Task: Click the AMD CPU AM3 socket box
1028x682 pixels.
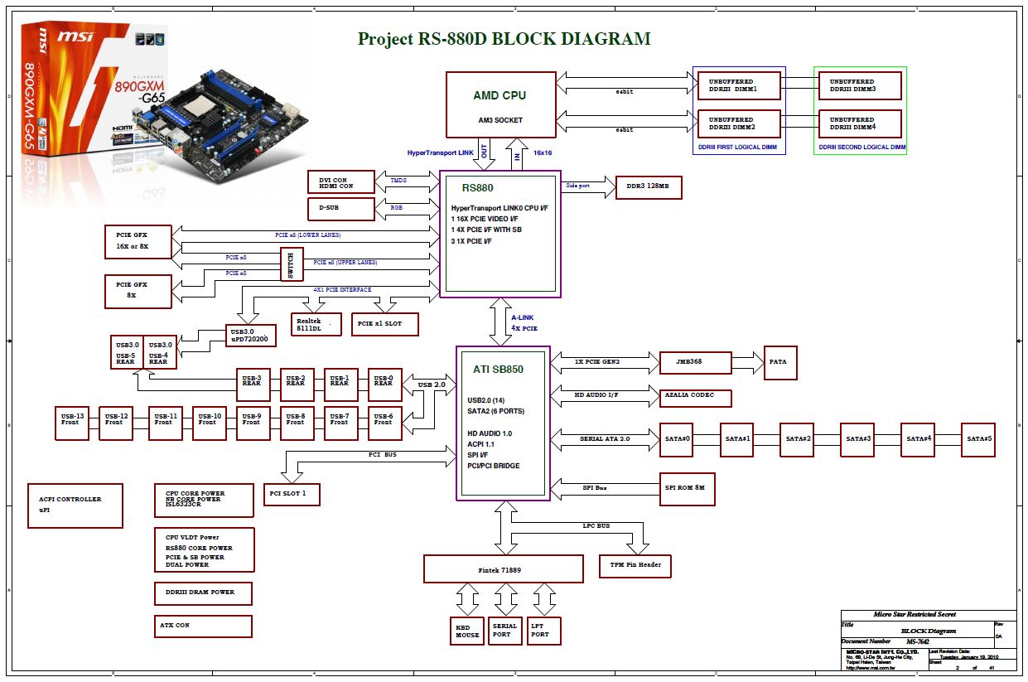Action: tap(500, 104)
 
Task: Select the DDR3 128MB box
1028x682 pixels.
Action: tap(648, 188)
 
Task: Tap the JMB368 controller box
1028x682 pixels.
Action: tap(695, 363)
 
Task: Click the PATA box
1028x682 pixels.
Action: tap(780, 362)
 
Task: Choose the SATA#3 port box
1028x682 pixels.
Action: tap(857, 439)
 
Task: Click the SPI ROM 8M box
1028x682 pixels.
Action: tap(686, 489)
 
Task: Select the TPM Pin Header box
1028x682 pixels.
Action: tap(635, 565)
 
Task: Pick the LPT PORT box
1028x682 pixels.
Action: tap(543, 631)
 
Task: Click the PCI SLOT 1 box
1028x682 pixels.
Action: tap(292, 495)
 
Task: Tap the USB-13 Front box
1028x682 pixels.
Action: tap(72, 423)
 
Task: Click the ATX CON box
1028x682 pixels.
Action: tap(203, 626)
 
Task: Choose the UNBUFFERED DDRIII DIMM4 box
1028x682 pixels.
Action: tap(860, 123)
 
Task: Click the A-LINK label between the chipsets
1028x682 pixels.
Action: tap(522, 317)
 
